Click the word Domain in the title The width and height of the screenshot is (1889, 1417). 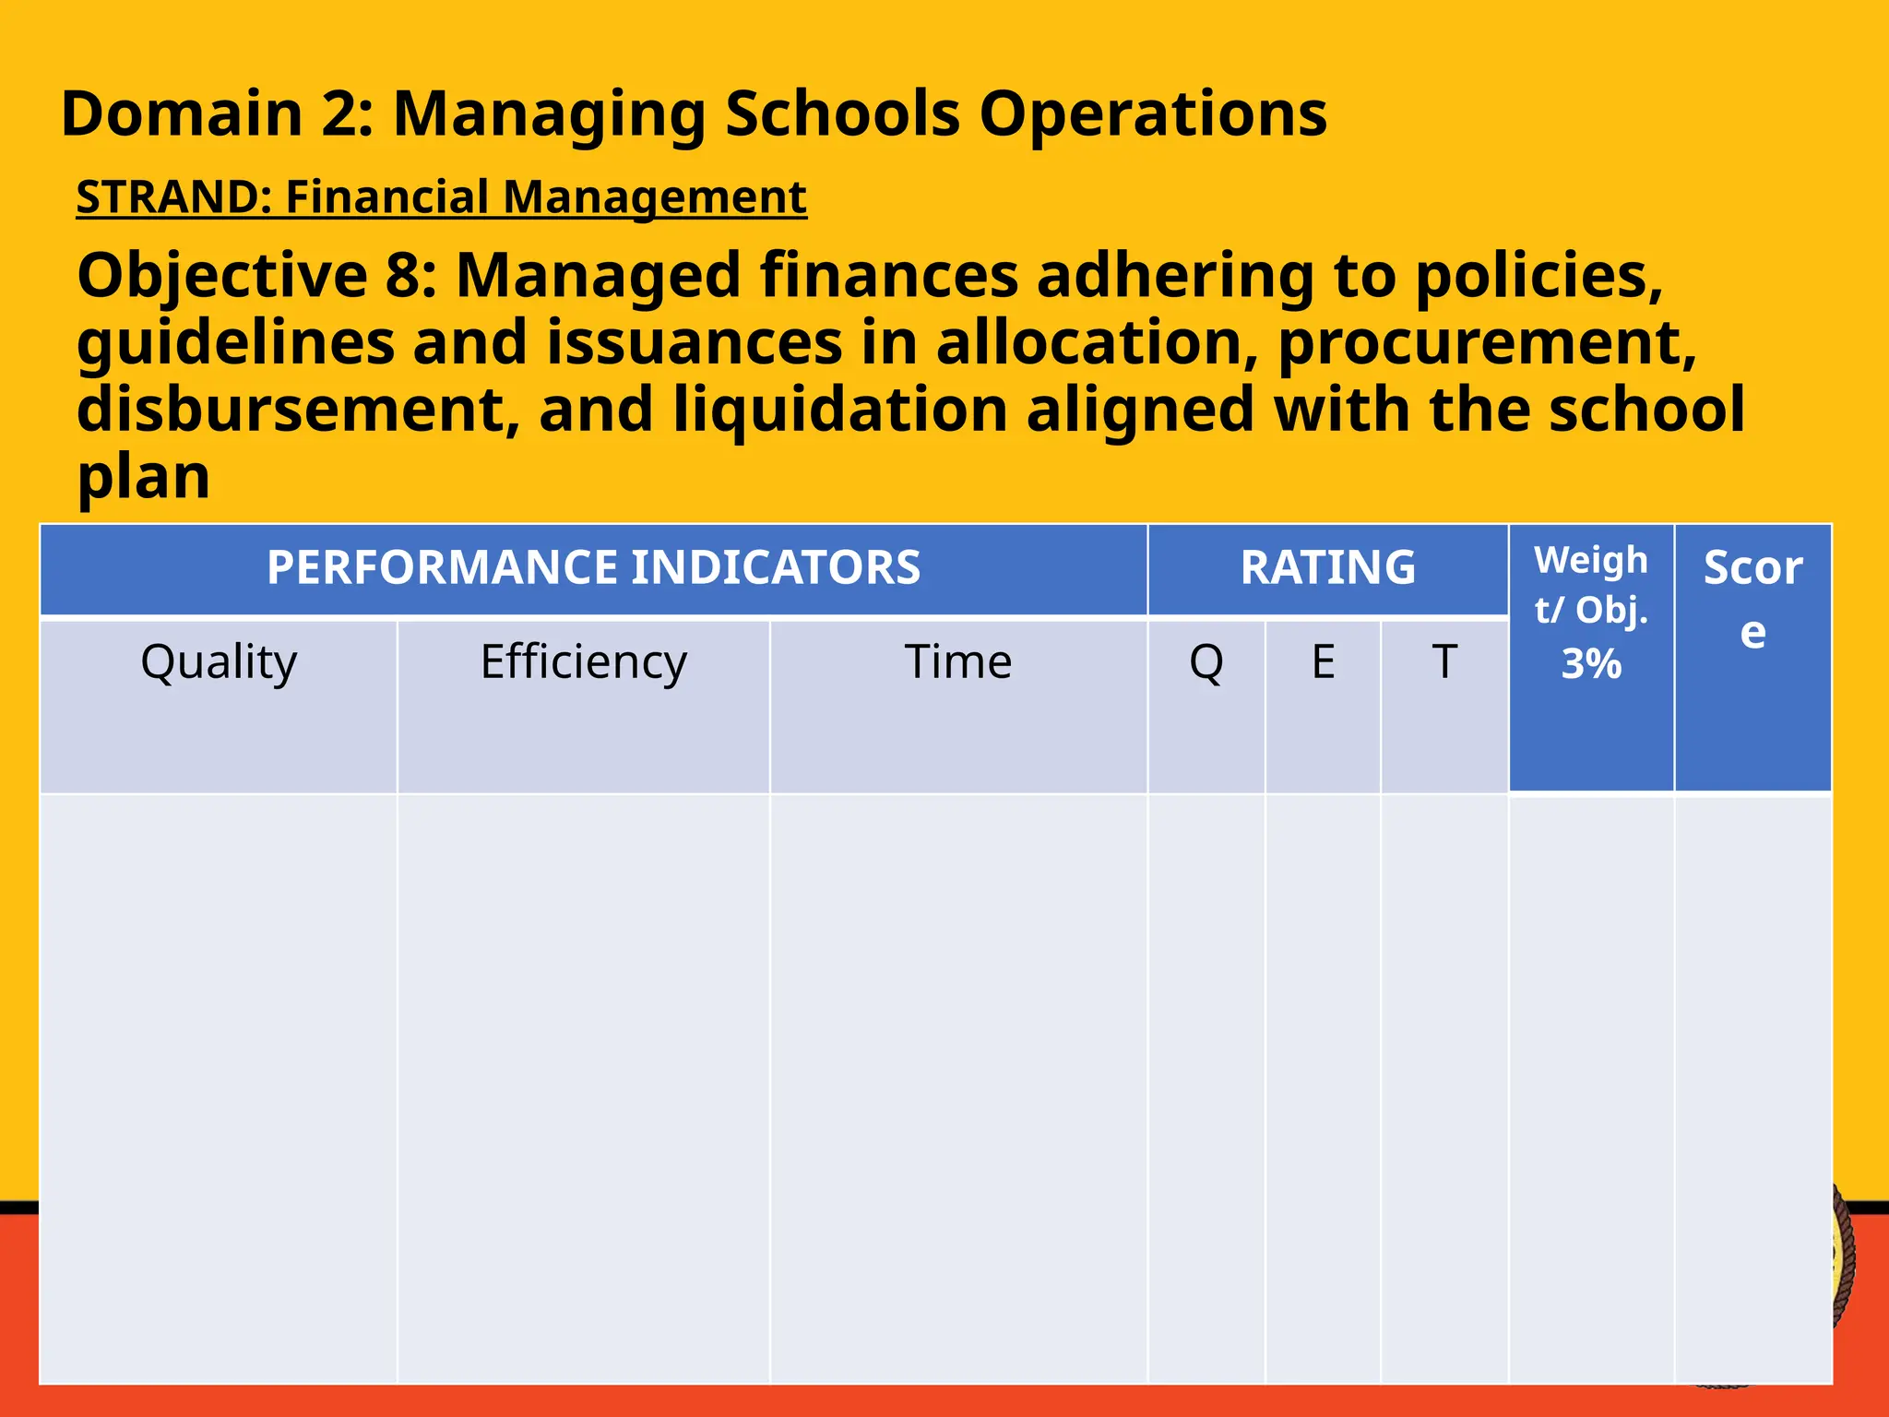pyautogui.click(x=182, y=114)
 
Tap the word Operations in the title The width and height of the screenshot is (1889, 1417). pyautogui.click(x=1152, y=114)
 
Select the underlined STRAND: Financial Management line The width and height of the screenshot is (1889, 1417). pyautogui.click(x=441, y=196)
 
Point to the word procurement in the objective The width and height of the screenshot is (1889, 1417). pyautogui.click(x=1486, y=343)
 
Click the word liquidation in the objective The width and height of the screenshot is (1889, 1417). pyautogui.click(x=840, y=410)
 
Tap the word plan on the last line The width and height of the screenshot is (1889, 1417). pyautogui.click(x=143, y=477)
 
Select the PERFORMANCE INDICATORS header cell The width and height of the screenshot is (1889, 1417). pyautogui.click(x=593, y=567)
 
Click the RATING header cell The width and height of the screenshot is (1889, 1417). pyautogui.click(x=1327, y=567)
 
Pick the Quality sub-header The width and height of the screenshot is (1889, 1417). pyautogui.click(x=219, y=661)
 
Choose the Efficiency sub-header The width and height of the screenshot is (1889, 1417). pyautogui.click(x=583, y=661)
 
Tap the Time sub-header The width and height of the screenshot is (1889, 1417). pyautogui.click(x=957, y=661)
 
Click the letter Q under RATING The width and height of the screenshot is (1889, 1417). pyautogui.click(x=1206, y=661)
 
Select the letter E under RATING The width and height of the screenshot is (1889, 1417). pyautogui.click(x=1323, y=661)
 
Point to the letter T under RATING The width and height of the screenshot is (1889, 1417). pyautogui.click(x=1443, y=661)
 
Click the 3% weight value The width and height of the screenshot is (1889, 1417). pyautogui.click(x=1590, y=664)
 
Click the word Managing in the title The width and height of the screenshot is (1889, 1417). pyautogui.click(x=550, y=114)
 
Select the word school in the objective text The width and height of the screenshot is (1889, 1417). pyautogui.click(x=1646, y=410)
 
